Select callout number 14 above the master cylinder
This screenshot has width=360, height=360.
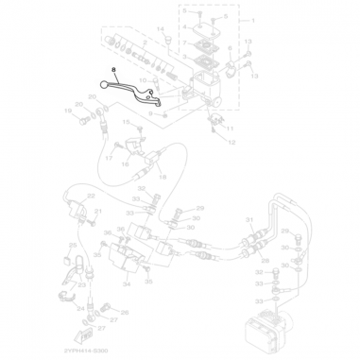(x=161, y=28)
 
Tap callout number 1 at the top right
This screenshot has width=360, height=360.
(x=252, y=20)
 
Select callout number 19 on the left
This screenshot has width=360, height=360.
(x=67, y=111)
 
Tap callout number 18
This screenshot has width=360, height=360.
(x=162, y=177)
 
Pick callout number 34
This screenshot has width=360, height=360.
(x=127, y=282)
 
